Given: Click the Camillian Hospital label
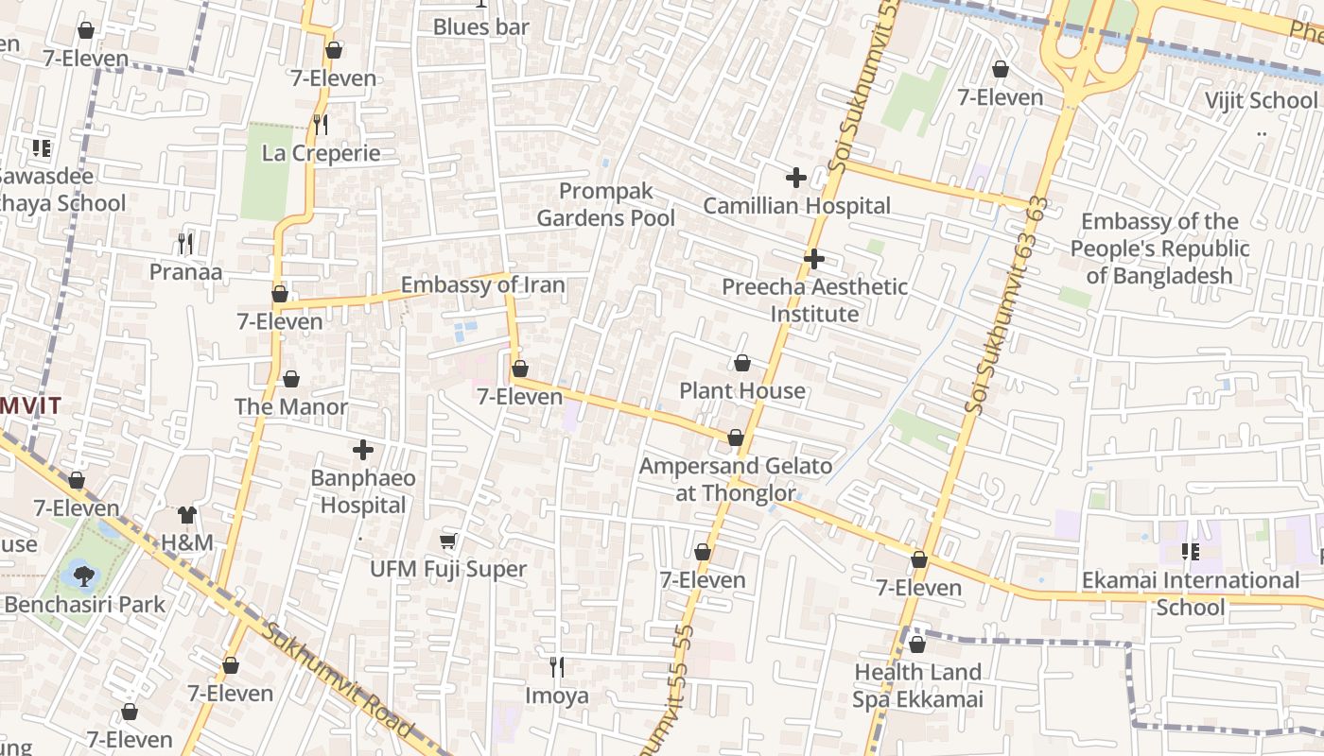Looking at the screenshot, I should (x=796, y=206).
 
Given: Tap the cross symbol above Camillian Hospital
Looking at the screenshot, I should (x=796, y=177).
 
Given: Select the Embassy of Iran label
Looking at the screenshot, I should (x=482, y=284).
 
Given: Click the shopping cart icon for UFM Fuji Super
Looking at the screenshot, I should (x=448, y=541).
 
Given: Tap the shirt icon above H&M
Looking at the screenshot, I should (x=187, y=515).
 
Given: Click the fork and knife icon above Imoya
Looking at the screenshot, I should (x=557, y=667).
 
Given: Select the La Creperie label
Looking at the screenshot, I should (x=321, y=153).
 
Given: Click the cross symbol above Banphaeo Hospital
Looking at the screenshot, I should (x=363, y=450).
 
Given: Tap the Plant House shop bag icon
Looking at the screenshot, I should (x=742, y=363).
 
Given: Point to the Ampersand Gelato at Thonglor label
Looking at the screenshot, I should (x=736, y=479).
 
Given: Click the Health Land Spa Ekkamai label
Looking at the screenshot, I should (x=917, y=685).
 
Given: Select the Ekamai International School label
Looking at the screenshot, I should (x=1190, y=593).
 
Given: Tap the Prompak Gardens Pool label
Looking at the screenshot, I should (x=605, y=204).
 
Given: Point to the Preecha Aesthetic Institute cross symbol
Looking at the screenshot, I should (x=813, y=258).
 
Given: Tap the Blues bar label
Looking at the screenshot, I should (x=480, y=27).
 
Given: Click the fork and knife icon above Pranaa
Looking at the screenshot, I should (x=185, y=244).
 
